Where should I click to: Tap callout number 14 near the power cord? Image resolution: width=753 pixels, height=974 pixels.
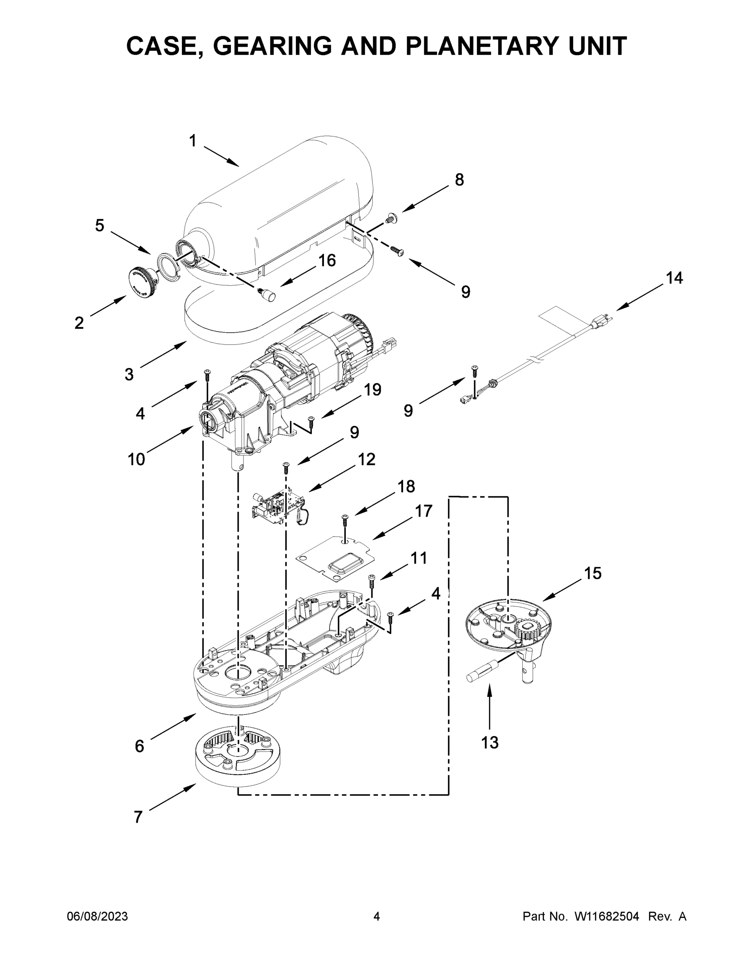point(673,278)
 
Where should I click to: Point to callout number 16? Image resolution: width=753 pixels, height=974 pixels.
point(327,261)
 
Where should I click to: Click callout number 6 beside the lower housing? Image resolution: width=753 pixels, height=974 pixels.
point(140,745)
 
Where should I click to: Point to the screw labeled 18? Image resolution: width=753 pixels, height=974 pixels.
point(344,520)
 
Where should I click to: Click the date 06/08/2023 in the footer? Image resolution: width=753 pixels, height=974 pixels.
point(97,916)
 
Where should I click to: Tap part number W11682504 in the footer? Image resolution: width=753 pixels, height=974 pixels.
point(606,916)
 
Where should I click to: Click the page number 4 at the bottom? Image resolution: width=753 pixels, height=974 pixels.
point(377,916)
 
